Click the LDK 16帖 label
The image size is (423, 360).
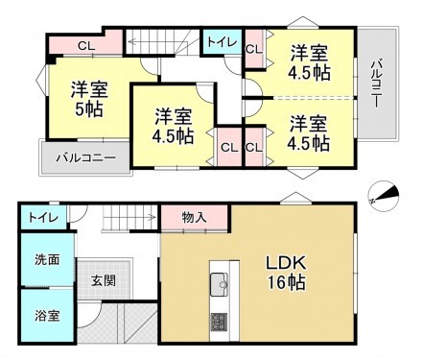pyautogui.click(x=284, y=273)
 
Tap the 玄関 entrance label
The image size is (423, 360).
pyautogui.click(x=104, y=281)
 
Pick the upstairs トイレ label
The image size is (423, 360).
pyautogui.click(x=215, y=42)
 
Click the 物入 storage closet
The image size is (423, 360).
pyautogui.click(x=194, y=218)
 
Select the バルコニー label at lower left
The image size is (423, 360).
pyautogui.click(x=84, y=157)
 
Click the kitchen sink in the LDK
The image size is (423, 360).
pyautogui.click(x=218, y=283)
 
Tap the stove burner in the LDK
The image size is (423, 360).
pyautogui.click(x=218, y=320)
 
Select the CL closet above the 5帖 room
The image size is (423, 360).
pyautogui.click(x=86, y=44)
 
